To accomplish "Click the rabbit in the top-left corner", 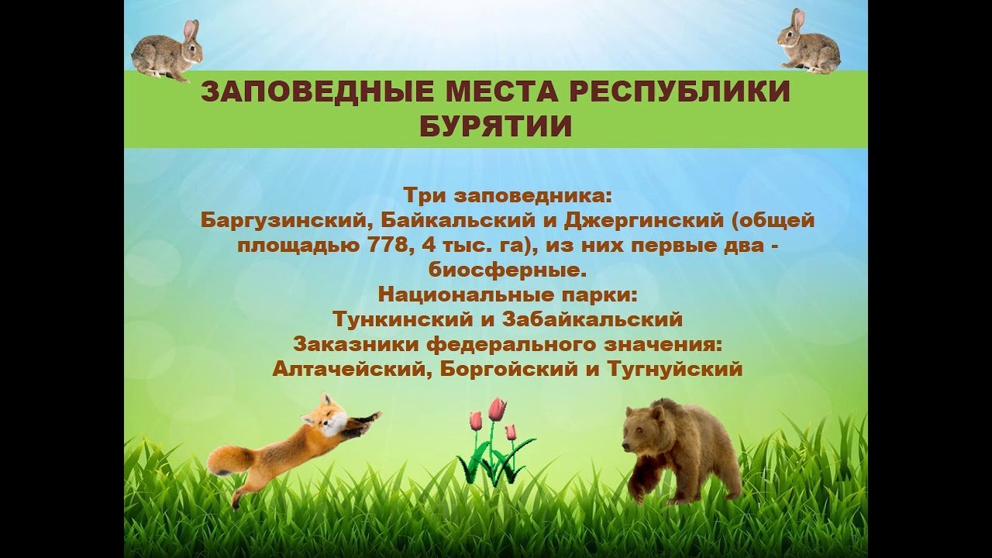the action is [x=167, y=52].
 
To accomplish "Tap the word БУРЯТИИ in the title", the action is [x=495, y=126].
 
